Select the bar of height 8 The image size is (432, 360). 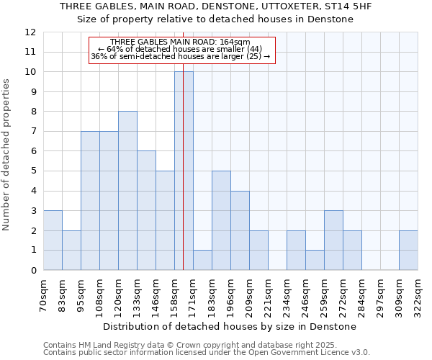point(127,191)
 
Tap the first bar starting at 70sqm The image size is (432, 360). point(53,240)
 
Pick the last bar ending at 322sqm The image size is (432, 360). point(408,251)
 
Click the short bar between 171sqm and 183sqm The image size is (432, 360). point(202,260)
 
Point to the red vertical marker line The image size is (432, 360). point(184,144)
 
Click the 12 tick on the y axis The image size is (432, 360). point(30,32)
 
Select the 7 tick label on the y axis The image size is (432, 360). point(32,132)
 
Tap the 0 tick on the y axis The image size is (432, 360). point(32,271)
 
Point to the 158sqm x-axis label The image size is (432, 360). point(175,294)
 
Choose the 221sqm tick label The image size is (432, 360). point(269,294)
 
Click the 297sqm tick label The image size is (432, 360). point(381,294)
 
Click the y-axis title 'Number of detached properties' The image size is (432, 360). point(7,155)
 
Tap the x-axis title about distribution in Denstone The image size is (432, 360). point(230,327)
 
